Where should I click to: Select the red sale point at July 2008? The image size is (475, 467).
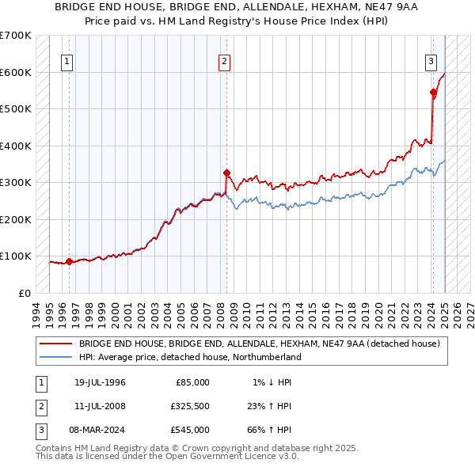(x=226, y=173)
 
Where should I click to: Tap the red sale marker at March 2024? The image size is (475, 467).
(x=433, y=93)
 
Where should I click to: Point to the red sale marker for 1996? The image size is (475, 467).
(x=69, y=261)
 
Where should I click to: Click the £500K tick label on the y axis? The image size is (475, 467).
(x=15, y=109)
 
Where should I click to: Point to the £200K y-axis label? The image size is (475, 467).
(x=15, y=219)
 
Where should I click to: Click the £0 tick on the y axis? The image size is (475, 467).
(x=24, y=293)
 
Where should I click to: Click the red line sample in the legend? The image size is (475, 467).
(x=55, y=344)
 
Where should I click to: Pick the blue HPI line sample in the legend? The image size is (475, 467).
(x=55, y=357)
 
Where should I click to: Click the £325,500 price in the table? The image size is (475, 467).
(x=190, y=406)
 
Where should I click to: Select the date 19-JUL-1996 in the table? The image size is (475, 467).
(x=101, y=382)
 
